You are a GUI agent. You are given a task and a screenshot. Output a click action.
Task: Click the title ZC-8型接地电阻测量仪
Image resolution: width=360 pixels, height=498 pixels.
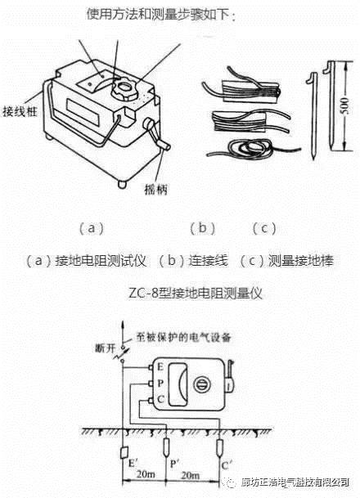click(180, 290)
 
